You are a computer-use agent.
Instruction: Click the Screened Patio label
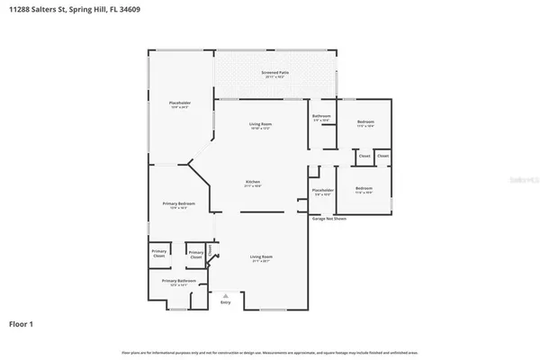pyautogui.click(x=275, y=73)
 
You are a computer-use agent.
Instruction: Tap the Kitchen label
pyautogui.click(x=253, y=183)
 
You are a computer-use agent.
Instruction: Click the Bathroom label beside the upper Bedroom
pyautogui.click(x=321, y=117)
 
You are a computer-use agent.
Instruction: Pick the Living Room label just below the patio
pyautogui.click(x=260, y=124)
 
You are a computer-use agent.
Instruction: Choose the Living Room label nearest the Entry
pyautogui.click(x=260, y=257)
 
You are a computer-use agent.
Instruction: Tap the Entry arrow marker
pyautogui.click(x=225, y=295)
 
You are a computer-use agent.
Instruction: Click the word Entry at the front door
pyautogui.click(x=225, y=303)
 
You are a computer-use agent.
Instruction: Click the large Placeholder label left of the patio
pyautogui.click(x=180, y=104)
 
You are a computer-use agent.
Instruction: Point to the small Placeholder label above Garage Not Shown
pyautogui.click(x=323, y=191)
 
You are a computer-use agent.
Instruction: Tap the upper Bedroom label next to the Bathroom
pyautogui.click(x=364, y=121)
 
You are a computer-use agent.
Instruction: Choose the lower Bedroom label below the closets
pyautogui.click(x=364, y=190)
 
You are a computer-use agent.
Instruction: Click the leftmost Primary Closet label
pyautogui.click(x=158, y=254)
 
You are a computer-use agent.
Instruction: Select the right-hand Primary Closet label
pyautogui.click(x=195, y=255)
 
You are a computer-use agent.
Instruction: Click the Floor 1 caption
pyautogui.click(x=22, y=322)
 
